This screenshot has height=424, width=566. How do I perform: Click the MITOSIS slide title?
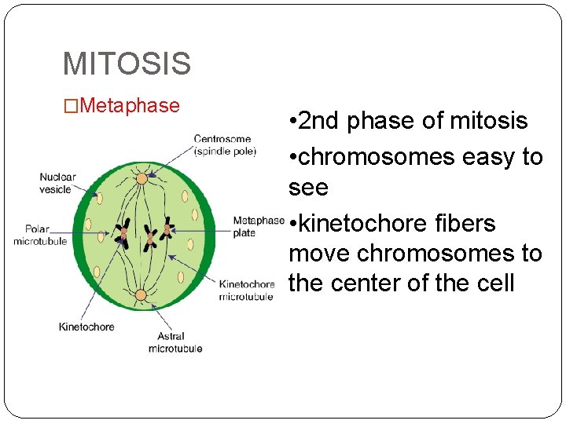pos(126,64)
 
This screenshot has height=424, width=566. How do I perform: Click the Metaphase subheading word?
pos(130,105)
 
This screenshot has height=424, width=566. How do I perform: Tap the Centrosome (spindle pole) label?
pos(225,145)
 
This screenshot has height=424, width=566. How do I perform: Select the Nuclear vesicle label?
pos(58,183)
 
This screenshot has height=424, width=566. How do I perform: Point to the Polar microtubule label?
pos(40,236)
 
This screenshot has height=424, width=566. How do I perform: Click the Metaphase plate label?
pos(257,227)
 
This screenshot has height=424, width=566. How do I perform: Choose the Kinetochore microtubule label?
pos(246,290)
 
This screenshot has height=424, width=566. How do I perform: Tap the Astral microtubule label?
pos(175,342)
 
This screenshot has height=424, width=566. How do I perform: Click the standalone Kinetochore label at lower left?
pos(86,327)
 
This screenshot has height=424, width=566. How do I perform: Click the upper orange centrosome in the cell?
pos(141,178)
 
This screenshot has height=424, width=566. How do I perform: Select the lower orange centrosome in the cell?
pos(141,295)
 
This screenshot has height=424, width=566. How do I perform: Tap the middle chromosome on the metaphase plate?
pos(149,236)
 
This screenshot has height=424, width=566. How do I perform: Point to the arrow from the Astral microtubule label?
pos(158,318)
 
